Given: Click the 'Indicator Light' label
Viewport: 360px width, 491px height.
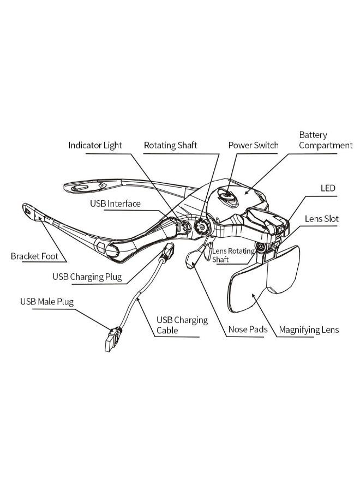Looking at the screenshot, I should [x=95, y=146].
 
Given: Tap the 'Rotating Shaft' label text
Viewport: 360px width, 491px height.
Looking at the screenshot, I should [x=170, y=146].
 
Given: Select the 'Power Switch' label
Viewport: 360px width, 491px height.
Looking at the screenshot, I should [x=253, y=146].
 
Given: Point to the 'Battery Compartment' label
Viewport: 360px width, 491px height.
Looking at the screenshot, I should [x=326, y=140].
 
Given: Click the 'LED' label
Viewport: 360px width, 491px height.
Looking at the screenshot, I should [x=328, y=188].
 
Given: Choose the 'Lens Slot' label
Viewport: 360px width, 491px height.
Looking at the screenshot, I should [x=322, y=219].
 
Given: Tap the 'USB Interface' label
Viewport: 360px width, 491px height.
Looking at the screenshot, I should [x=115, y=203].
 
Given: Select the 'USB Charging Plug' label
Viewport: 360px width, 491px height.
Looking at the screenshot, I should [x=87, y=277].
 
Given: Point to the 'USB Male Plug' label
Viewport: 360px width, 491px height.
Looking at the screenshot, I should [x=46, y=301].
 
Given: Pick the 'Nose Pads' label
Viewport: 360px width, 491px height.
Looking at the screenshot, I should [x=247, y=330].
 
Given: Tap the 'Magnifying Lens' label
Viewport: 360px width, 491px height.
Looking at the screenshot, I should [x=309, y=330].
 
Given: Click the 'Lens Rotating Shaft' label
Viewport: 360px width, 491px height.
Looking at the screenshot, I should [x=233, y=255].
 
